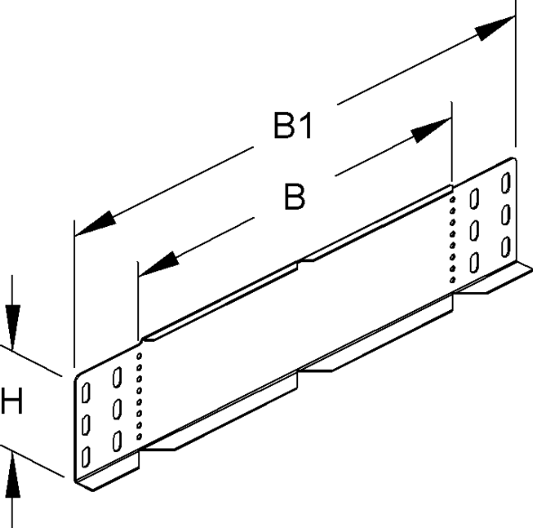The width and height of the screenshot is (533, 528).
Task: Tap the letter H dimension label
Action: coord(13,401)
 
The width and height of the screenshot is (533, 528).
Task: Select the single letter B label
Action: coord(293,197)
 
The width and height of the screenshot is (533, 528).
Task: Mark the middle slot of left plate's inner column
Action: coord(117,409)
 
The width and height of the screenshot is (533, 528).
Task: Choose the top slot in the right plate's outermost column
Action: coord(507,182)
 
